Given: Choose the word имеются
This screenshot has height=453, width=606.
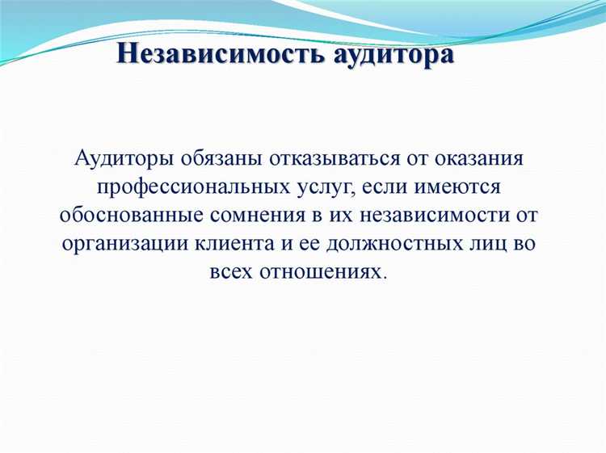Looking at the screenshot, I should point(461,187).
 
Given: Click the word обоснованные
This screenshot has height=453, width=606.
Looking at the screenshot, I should point(128,216).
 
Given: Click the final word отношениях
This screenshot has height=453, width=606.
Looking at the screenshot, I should point(328,272).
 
